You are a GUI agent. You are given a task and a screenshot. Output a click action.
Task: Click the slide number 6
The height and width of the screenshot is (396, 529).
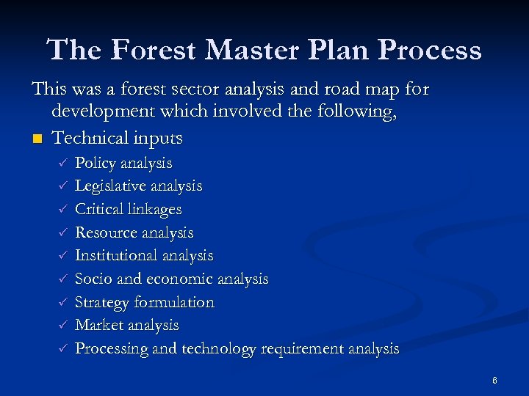pyautogui.click(x=495, y=381)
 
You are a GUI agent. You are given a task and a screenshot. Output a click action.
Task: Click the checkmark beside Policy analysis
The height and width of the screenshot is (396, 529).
pyautogui.click(x=63, y=163)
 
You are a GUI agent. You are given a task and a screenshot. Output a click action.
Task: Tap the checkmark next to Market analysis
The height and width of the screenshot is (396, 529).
pyautogui.click(x=63, y=325)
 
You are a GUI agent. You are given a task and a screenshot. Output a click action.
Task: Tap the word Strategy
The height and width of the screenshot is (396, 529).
pyautogui.click(x=101, y=302)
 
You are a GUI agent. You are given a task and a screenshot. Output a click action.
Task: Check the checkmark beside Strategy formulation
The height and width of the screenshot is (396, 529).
pyautogui.click(x=63, y=302)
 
